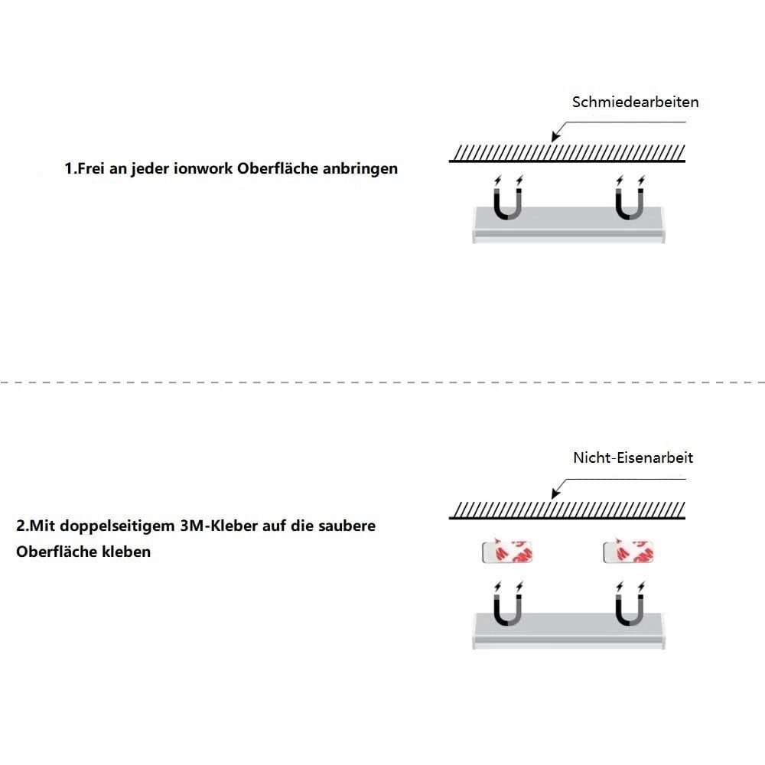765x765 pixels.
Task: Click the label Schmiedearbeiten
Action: tap(635, 102)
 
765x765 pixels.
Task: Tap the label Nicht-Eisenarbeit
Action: tap(633, 457)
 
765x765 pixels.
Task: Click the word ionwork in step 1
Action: tap(204, 168)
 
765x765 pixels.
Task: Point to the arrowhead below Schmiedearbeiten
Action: tap(555, 137)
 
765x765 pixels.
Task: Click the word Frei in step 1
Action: tap(91, 168)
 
